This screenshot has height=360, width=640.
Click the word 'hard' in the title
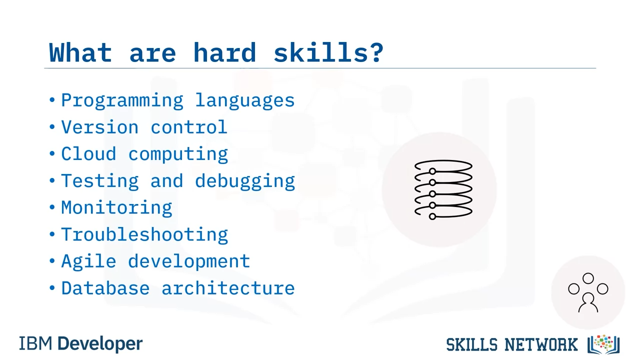tap(224, 52)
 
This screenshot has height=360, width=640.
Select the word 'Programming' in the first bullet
tap(122, 101)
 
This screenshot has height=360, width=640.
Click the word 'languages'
tap(245, 101)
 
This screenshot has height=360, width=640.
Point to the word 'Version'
tap(100, 127)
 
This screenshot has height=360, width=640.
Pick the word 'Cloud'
tap(89, 153)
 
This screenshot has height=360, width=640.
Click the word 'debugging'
tap(245, 181)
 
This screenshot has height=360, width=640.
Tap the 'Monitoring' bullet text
tap(116, 208)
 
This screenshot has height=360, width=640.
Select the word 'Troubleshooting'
tap(144, 235)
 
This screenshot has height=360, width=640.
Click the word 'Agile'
tap(89, 261)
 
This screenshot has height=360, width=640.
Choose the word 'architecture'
tap(228, 288)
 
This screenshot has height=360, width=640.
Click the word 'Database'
tap(105, 288)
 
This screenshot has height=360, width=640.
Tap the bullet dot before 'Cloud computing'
tap(52, 153)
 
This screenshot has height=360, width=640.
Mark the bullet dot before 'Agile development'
tap(52, 260)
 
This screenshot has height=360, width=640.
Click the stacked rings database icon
tap(443, 189)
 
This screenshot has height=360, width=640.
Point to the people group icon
tap(588, 292)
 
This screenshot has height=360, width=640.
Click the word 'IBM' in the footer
tap(35, 343)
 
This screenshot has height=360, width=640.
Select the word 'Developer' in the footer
tap(100, 344)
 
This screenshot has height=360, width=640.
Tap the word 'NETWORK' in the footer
tap(541, 344)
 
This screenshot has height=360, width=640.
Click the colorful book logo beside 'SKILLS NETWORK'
tap(603, 344)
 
